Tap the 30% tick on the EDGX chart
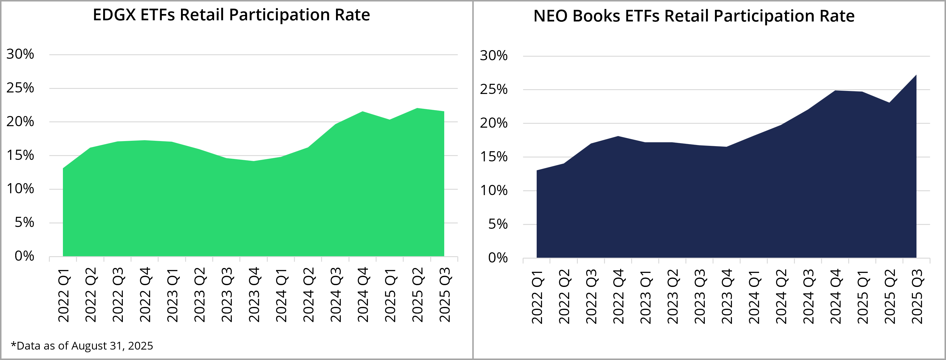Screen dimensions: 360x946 pyautogui.click(x=20, y=54)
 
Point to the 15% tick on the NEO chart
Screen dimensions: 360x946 pyautogui.click(x=493, y=157)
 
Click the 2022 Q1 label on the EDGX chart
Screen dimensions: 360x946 pyautogui.click(x=64, y=295)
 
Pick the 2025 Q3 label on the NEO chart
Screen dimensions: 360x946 pyautogui.click(x=917, y=296)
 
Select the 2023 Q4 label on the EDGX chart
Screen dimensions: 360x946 pyautogui.click(x=254, y=295)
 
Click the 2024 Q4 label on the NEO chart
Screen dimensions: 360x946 pyautogui.click(x=835, y=296)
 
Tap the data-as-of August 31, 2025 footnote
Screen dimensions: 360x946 pyautogui.click(x=82, y=346)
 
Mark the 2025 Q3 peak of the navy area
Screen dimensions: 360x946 pyautogui.click(x=916, y=75)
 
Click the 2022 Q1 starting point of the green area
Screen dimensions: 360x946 pyautogui.click(x=64, y=169)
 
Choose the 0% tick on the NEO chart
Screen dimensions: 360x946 pyautogui.click(x=498, y=258)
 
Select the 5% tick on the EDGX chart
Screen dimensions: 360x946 pyautogui.click(x=24, y=223)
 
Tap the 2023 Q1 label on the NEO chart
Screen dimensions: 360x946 pyautogui.click(x=645, y=296)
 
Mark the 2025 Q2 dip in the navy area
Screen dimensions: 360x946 pyautogui.click(x=889, y=103)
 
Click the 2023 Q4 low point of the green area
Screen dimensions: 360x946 pyautogui.click(x=254, y=161)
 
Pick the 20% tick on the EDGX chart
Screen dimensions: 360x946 pyautogui.click(x=20, y=122)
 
